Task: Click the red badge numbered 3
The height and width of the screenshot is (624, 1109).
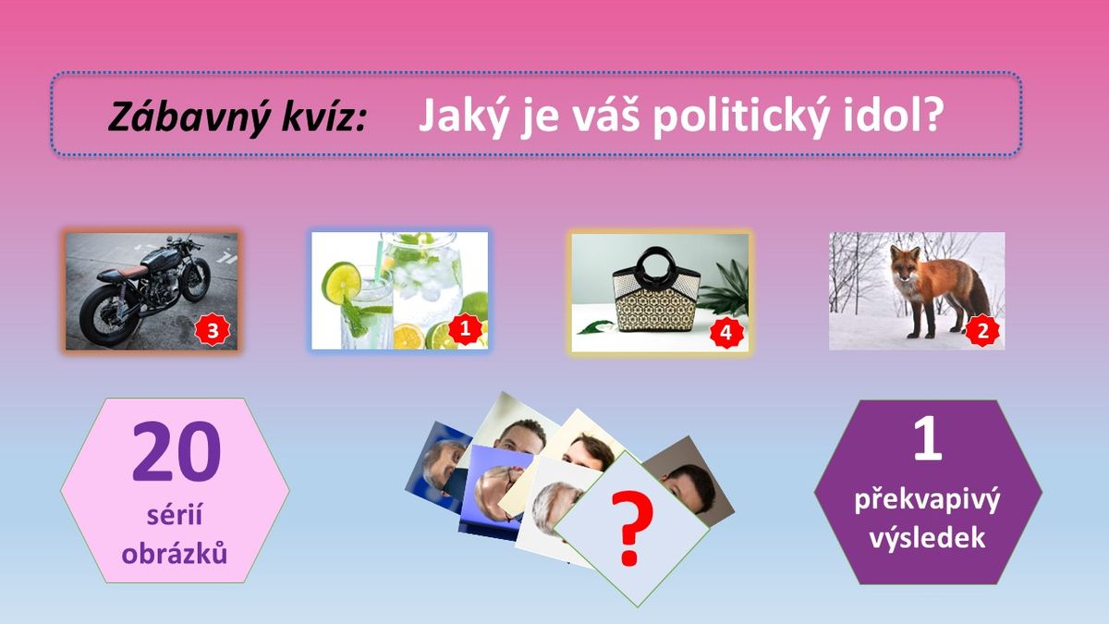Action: (x=213, y=330)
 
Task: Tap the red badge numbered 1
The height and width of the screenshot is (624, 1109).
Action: (x=466, y=329)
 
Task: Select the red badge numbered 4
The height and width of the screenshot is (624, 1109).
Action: (x=726, y=332)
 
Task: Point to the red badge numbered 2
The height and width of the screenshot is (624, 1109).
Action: (x=982, y=330)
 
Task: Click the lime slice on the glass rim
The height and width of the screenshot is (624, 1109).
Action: (x=341, y=282)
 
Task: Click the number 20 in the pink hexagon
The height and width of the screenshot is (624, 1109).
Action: (x=177, y=451)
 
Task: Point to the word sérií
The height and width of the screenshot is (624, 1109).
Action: (x=175, y=515)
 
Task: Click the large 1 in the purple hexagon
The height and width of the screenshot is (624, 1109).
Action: (x=927, y=437)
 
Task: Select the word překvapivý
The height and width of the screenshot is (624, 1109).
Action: (x=927, y=501)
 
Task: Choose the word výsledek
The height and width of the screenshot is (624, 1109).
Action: (x=927, y=538)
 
